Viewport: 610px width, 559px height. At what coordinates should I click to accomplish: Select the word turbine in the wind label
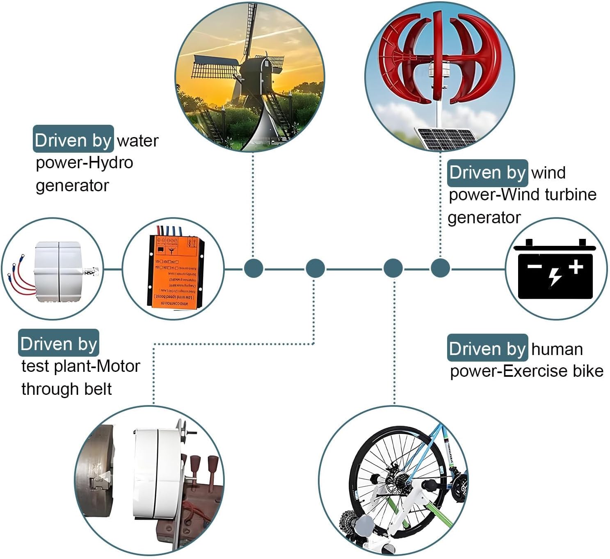[x=571, y=194]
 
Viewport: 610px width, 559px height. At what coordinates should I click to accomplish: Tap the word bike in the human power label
[x=588, y=371]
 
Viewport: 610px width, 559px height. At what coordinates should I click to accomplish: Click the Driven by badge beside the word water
[x=73, y=140]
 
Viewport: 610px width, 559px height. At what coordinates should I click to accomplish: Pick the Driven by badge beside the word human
[x=487, y=348]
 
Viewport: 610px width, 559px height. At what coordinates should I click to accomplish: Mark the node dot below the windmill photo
[x=254, y=269]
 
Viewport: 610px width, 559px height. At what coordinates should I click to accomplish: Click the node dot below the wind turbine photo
[x=440, y=269]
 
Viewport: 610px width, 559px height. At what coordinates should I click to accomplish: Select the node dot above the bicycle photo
[x=393, y=269]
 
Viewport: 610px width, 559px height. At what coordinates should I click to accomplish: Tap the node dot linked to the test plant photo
[x=315, y=269]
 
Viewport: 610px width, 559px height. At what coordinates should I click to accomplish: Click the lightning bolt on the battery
[x=555, y=276]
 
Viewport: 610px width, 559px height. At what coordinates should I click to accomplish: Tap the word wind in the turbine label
[x=548, y=172]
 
